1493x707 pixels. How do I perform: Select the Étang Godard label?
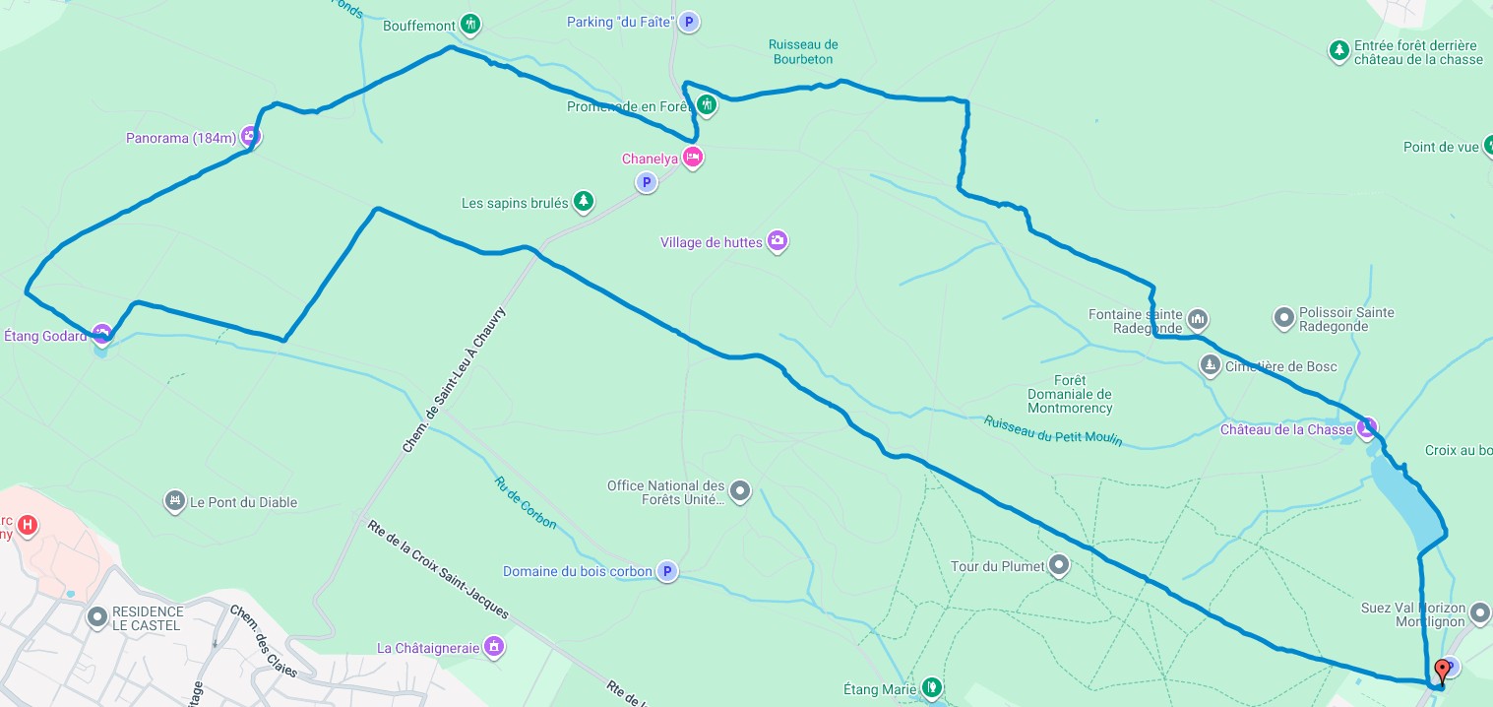[45, 335]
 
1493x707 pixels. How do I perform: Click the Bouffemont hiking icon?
[470, 25]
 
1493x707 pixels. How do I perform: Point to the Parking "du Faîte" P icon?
[689, 22]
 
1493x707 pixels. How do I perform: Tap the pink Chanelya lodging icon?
[693, 158]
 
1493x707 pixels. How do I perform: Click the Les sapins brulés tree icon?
[584, 202]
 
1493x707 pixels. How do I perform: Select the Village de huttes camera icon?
[778, 241]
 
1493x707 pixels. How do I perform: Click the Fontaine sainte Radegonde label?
[1136, 321]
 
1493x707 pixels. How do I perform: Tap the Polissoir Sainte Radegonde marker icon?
[1283, 318]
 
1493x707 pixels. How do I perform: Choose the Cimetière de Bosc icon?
[1210, 365]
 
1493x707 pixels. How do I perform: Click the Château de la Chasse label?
[1286, 429]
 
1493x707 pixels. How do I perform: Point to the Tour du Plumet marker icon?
[1059, 565]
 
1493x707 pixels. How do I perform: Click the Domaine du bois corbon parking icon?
[667, 571]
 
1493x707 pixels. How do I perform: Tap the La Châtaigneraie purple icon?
[494, 647]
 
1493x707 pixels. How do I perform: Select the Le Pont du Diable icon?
[175, 501]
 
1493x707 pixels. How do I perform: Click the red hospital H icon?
[28, 525]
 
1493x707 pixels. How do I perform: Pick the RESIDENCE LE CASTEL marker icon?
[97, 617]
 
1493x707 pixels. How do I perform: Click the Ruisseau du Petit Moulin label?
[1053, 430]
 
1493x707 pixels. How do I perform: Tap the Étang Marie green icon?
[931, 687]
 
